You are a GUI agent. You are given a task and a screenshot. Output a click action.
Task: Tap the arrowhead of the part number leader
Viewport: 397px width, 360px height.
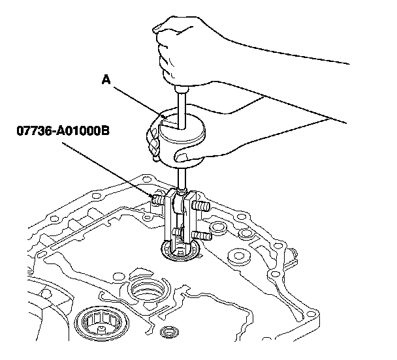153,194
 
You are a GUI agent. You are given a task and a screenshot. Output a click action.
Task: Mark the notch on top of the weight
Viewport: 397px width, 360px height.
168,121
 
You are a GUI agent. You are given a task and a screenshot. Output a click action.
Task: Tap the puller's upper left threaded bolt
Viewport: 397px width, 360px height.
157,198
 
